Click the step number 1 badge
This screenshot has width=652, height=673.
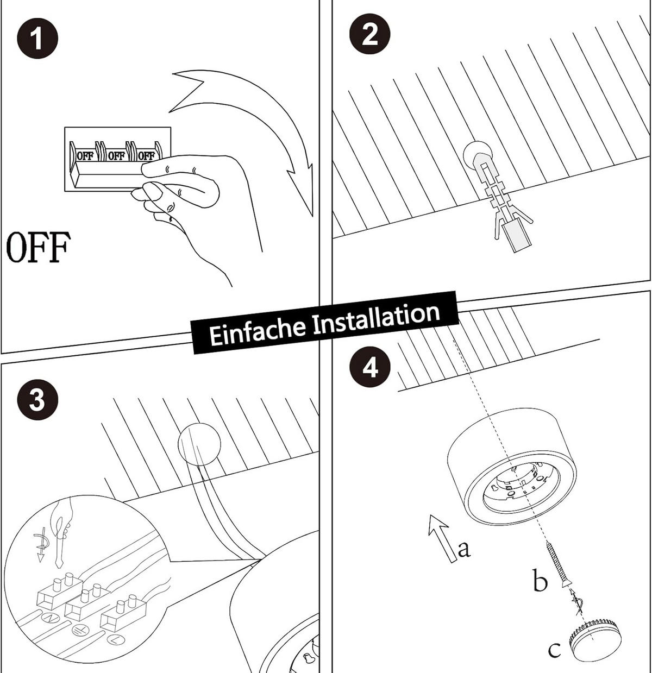(x=37, y=39)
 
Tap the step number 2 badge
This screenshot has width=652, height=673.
(x=370, y=35)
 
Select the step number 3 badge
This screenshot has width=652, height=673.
(x=37, y=400)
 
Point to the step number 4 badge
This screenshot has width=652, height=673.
(x=370, y=367)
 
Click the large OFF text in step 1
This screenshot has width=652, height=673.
(x=39, y=247)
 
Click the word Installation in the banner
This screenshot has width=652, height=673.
(x=377, y=318)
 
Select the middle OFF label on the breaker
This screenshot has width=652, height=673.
(x=116, y=156)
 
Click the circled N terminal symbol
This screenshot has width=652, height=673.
(x=48, y=617)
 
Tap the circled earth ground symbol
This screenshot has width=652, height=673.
(x=79, y=630)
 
